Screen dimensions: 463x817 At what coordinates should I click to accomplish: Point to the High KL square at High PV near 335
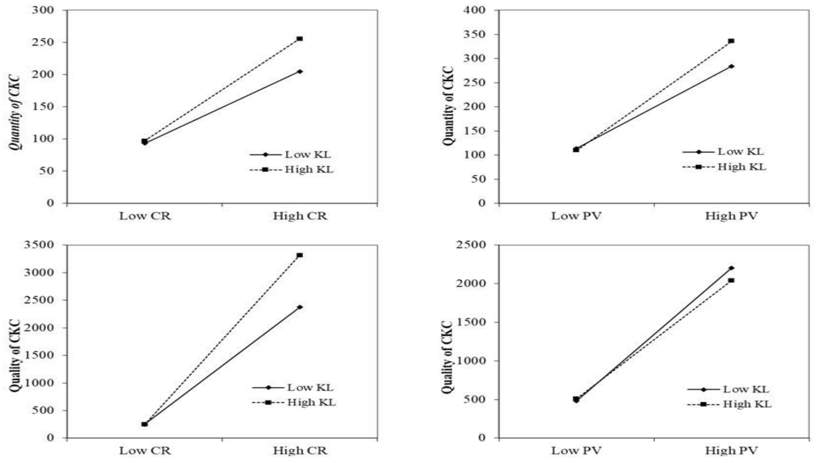pos(731,41)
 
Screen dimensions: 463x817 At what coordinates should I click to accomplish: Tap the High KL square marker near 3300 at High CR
pos(300,255)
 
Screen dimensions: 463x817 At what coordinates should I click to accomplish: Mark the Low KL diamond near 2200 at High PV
pos(731,268)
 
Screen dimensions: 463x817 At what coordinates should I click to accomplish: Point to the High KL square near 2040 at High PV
pos(731,280)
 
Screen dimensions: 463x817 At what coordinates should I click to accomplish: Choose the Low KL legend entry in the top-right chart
pos(722,152)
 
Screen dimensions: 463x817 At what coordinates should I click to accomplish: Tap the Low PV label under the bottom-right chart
pos(576,451)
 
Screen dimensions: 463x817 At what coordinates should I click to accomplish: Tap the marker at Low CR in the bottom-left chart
pos(144,424)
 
